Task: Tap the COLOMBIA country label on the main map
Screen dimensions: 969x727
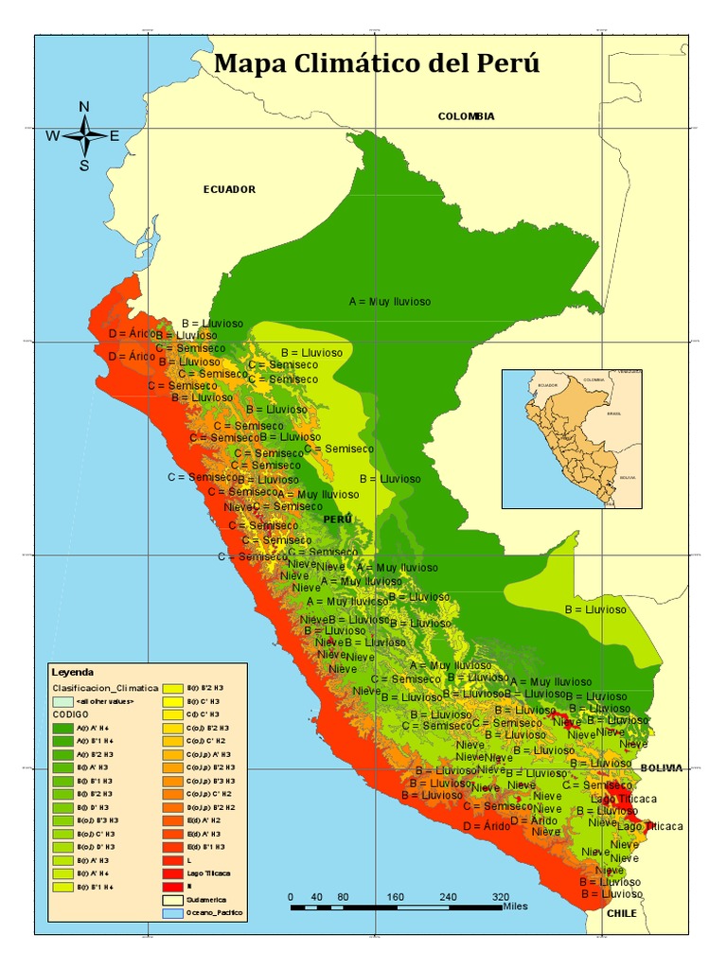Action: [466, 116]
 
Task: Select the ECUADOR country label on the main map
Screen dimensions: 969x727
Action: [229, 189]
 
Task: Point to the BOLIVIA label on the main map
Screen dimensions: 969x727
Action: [661, 768]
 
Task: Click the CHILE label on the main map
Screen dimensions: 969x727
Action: [621, 913]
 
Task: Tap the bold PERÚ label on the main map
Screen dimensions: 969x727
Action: [337, 520]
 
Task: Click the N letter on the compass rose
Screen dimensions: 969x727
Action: [84, 107]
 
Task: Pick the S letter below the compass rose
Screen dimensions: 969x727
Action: [84, 166]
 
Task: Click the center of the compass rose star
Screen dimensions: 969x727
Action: [84, 135]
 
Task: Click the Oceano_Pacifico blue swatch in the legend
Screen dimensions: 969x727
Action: [171, 913]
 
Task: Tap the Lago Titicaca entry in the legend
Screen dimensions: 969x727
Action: [209, 873]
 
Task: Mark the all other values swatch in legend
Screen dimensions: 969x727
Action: [62, 701]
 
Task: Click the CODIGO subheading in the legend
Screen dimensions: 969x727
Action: [67, 714]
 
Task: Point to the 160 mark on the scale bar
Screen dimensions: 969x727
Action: [396, 896]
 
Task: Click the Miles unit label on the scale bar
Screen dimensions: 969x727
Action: [516, 907]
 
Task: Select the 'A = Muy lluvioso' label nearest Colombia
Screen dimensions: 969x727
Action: [389, 302]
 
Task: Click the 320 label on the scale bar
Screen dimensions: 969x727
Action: [502, 896]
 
